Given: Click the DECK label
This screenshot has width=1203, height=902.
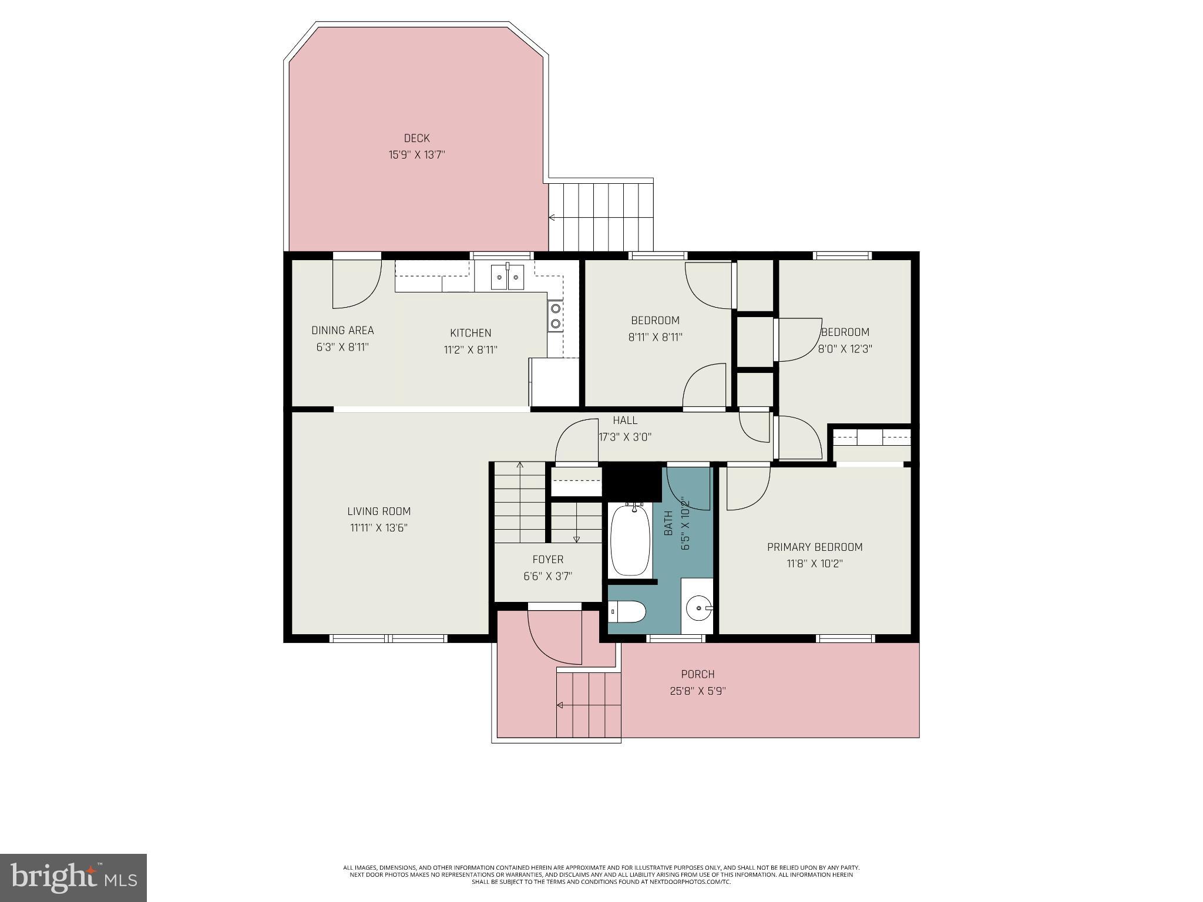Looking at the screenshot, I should pyautogui.click(x=416, y=139).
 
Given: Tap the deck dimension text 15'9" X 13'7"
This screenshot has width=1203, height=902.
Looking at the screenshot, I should pyautogui.click(x=416, y=155).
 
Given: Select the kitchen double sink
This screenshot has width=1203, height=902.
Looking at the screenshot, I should pyautogui.click(x=508, y=277).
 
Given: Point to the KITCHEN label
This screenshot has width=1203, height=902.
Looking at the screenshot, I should pyautogui.click(x=471, y=333).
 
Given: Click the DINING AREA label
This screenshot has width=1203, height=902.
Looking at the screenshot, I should pyautogui.click(x=342, y=331).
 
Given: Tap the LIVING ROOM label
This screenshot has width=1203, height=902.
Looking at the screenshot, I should pyautogui.click(x=379, y=511).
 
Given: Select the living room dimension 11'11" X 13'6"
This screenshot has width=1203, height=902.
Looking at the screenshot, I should pyautogui.click(x=379, y=528).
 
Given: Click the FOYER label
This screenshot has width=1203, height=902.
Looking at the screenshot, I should pyautogui.click(x=547, y=560).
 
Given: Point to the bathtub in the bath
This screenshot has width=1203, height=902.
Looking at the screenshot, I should pyautogui.click(x=631, y=539).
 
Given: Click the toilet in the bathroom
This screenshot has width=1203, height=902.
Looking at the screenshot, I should pyautogui.click(x=627, y=612).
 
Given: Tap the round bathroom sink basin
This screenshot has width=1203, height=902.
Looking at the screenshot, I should pyautogui.click(x=699, y=607).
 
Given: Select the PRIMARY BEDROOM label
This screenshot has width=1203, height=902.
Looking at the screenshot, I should pyautogui.click(x=815, y=547).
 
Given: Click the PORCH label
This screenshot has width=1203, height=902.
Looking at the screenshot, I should pyautogui.click(x=698, y=674).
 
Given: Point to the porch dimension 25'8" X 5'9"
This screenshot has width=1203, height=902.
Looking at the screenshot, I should pyautogui.click(x=698, y=691).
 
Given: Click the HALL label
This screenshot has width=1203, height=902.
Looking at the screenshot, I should pyautogui.click(x=625, y=420).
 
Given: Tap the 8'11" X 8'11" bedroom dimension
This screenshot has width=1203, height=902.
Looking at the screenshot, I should pyautogui.click(x=655, y=337).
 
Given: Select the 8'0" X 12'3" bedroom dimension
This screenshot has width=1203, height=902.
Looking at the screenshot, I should pyautogui.click(x=845, y=349).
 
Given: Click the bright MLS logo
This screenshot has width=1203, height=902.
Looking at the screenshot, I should pyautogui.click(x=73, y=877).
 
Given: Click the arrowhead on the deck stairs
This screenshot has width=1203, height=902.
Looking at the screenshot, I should pyautogui.click(x=552, y=218).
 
